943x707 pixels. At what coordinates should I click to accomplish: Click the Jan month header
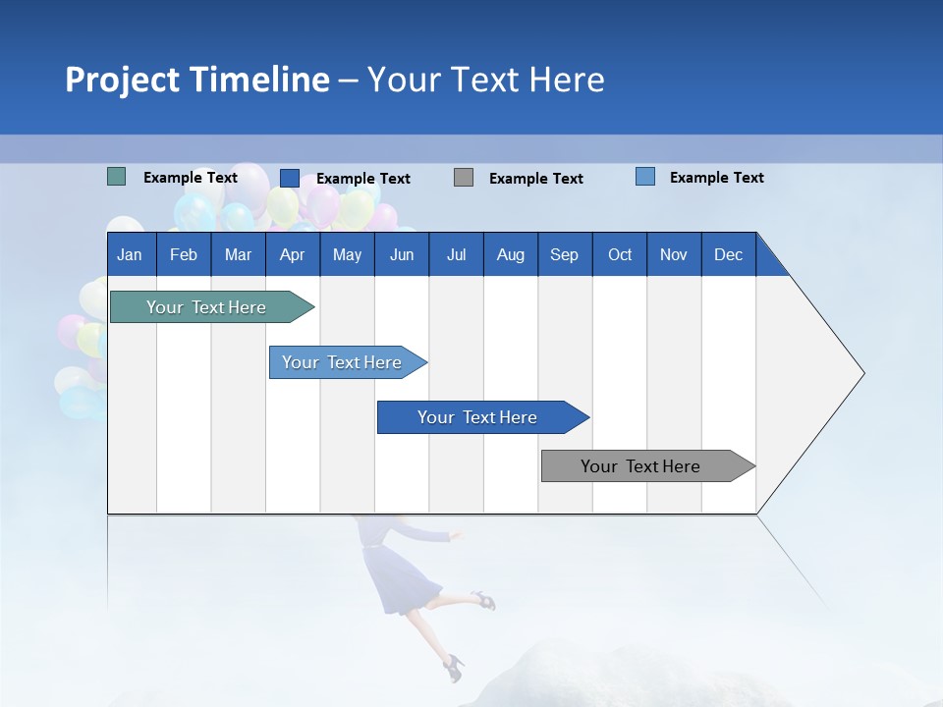(131, 254)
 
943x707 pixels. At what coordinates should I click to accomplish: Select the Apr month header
(292, 254)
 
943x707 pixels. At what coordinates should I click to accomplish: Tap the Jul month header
(456, 254)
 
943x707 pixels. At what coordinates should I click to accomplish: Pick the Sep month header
(564, 254)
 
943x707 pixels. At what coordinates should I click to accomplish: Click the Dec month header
(728, 254)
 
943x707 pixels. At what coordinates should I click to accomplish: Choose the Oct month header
(619, 254)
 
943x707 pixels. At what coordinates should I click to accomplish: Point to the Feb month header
(184, 254)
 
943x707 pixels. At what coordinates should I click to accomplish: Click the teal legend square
(116, 177)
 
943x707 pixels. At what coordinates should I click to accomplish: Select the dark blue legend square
(289, 178)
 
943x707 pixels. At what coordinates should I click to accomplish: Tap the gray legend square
(464, 177)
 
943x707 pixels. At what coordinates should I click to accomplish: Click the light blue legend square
(644, 177)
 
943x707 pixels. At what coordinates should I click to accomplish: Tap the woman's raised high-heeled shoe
(481, 598)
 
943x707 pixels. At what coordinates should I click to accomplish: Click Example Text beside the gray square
(535, 178)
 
